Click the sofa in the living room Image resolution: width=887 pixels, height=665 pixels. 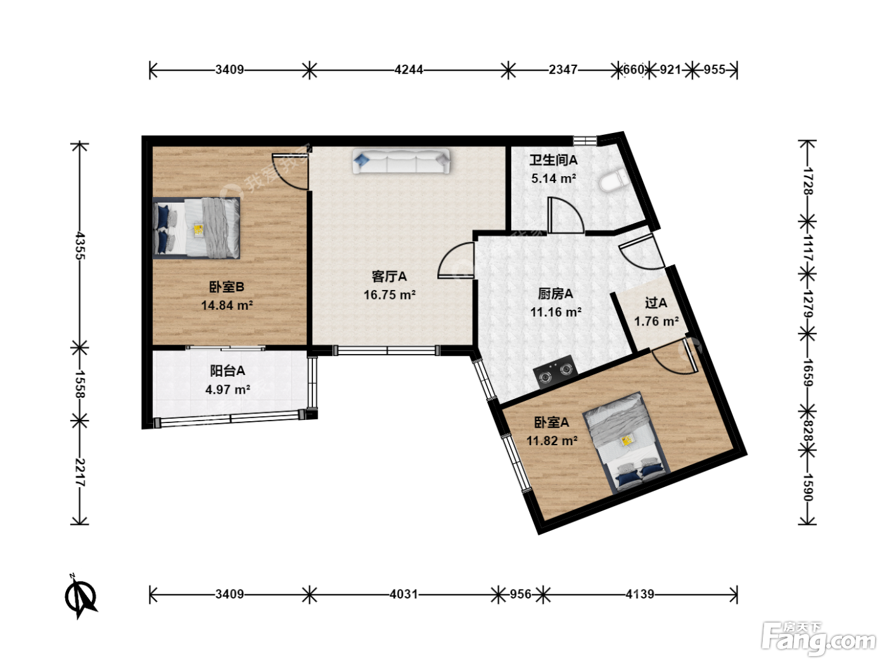(401, 161)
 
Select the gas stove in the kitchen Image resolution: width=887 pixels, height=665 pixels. (556, 372)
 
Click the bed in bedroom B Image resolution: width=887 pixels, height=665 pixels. (196, 228)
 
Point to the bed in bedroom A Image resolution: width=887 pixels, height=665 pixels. (626, 443)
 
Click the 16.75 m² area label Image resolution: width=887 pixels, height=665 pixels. (390, 294)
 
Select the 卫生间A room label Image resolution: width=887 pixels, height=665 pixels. (553, 160)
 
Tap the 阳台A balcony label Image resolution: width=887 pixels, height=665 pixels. (227, 370)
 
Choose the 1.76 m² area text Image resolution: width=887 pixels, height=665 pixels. (656, 321)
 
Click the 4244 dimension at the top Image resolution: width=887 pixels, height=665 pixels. (409, 70)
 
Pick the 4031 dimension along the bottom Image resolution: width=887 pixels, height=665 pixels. (404, 594)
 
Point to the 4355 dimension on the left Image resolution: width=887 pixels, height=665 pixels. (80, 246)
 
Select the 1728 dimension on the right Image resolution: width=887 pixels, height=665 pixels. (807, 181)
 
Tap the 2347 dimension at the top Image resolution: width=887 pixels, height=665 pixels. (563, 70)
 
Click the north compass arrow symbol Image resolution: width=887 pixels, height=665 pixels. (80, 595)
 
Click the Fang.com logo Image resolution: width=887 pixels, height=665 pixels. (819, 638)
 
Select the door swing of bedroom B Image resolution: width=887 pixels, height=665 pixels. (290, 172)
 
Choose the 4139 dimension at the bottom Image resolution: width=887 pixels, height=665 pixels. (640, 594)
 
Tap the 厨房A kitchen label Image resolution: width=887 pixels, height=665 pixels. (555, 293)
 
